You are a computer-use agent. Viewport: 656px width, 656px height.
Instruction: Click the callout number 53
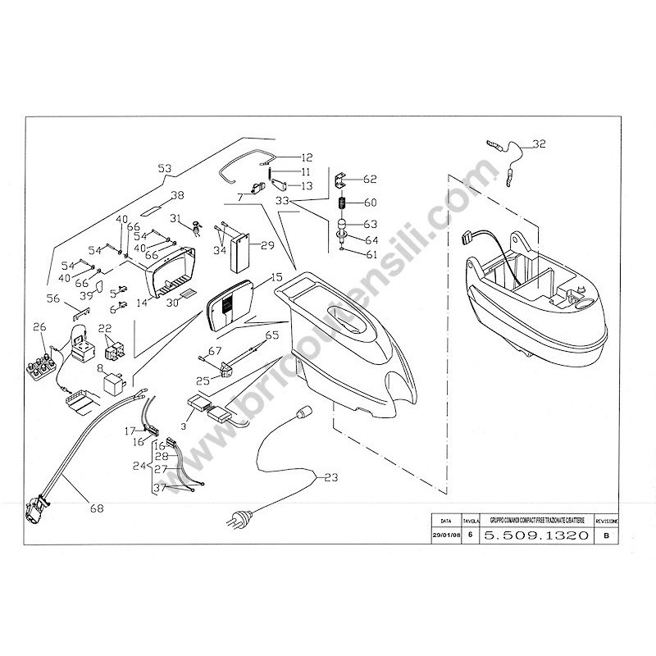point(166,168)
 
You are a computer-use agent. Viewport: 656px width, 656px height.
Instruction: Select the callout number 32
point(538,145)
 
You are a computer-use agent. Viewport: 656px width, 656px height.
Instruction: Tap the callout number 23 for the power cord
point(330,477)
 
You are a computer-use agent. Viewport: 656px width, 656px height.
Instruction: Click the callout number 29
point(267,244)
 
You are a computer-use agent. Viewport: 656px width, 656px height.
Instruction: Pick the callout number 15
point(275,278)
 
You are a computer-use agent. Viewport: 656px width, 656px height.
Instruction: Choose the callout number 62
point(370,178)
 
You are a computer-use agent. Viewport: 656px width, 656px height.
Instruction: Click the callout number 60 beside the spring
point(370,202)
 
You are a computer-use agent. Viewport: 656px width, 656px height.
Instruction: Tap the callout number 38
point(177,196)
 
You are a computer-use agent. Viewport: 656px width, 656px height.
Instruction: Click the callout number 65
point(272,335)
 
